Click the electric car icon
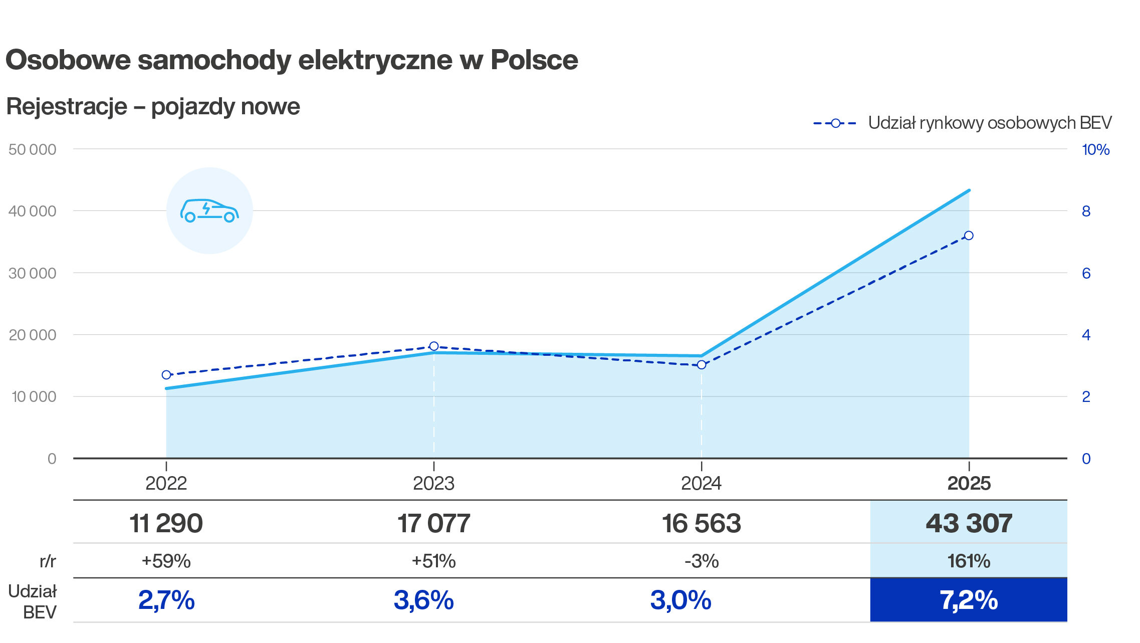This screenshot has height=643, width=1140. tap(209, 210)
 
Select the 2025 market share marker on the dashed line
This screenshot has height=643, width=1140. tap(969, 236)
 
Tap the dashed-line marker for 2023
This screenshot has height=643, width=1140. tap(434, 346)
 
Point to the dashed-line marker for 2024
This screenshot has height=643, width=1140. tap(702, 365)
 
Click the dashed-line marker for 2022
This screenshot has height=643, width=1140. tap(166, 375)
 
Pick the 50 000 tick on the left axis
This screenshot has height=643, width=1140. tap(32, 149)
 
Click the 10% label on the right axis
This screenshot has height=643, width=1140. tap(1095, 149)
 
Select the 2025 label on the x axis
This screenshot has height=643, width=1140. tap(969, 483)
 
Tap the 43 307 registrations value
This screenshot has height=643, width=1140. tap(969, 523)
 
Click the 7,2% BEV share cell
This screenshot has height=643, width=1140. tap(969, 600)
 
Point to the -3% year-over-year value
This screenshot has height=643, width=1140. tap(702, 561)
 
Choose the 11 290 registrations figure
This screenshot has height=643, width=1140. tap(166, 523)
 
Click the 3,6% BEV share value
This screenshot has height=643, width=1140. tap(423, 600)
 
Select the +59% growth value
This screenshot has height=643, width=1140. tap(166, 561)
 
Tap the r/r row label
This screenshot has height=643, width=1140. tap(48, 561)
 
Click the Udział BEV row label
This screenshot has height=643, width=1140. tap(32, 601)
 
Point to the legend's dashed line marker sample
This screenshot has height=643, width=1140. tap(835, 123)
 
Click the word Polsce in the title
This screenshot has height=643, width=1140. tap(534, 60)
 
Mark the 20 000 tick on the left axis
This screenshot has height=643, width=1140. tap(32, 335)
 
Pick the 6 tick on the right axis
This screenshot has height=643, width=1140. tap(1086, 273)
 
